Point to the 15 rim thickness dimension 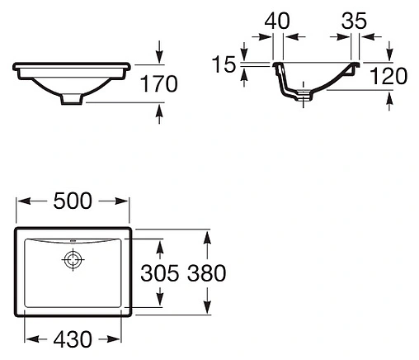pos(223,64)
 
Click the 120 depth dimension pos(388,77)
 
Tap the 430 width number pos(73,339)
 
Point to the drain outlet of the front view pos(73,99)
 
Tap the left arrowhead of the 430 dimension pos(30,339)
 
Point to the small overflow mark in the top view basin pos(73,243)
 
